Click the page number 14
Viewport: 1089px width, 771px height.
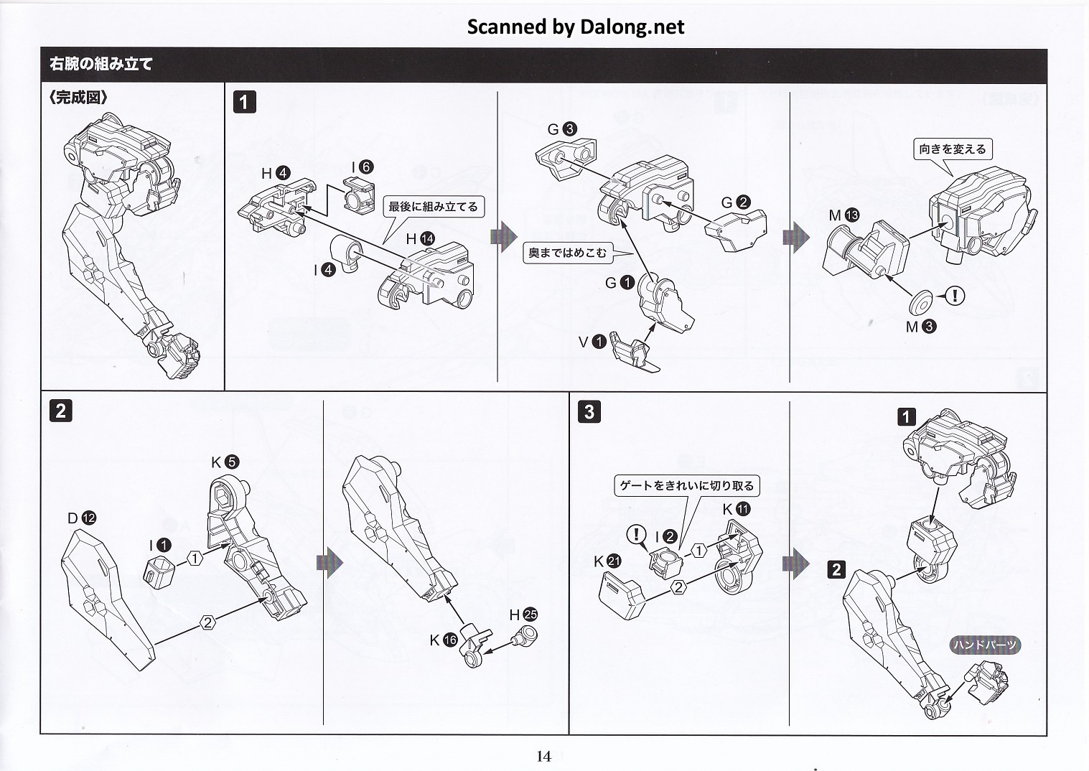543,755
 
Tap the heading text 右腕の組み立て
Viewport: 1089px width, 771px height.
101,64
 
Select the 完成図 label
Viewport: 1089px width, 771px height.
78,98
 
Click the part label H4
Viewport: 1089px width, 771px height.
276,173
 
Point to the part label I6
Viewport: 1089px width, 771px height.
362,167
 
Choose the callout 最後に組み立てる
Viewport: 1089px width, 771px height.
433,207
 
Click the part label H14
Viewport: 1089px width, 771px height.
421,239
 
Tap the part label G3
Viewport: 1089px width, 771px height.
561,129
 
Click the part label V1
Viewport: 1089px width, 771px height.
592,342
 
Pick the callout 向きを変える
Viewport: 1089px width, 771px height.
953,149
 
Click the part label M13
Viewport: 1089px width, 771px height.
843,215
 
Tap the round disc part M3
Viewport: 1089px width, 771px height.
920,302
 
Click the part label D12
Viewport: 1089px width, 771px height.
81,518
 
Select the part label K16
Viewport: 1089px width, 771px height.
443,640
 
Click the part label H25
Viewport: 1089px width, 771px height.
523,615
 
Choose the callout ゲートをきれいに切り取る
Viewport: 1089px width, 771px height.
687,486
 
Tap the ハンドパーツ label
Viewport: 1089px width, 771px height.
985,645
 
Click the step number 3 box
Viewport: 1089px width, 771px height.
589,411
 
